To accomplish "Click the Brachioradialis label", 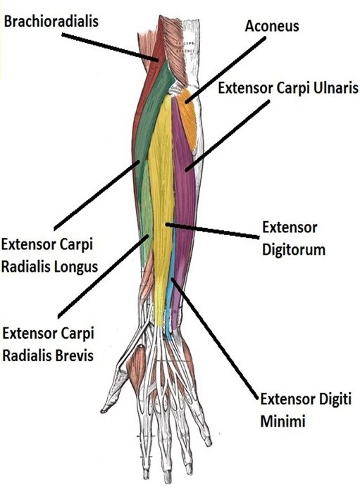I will pyautogui.click(x=51, y=22).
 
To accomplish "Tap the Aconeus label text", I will pyautogui.click(x=271, y=26).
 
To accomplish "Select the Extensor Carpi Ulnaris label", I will pyautogui.click(x=287, y=89).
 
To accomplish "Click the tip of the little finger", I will pyautogui.click(x=209, y=442).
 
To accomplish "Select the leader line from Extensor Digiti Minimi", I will pyautogui.click(x=215, y=338).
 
